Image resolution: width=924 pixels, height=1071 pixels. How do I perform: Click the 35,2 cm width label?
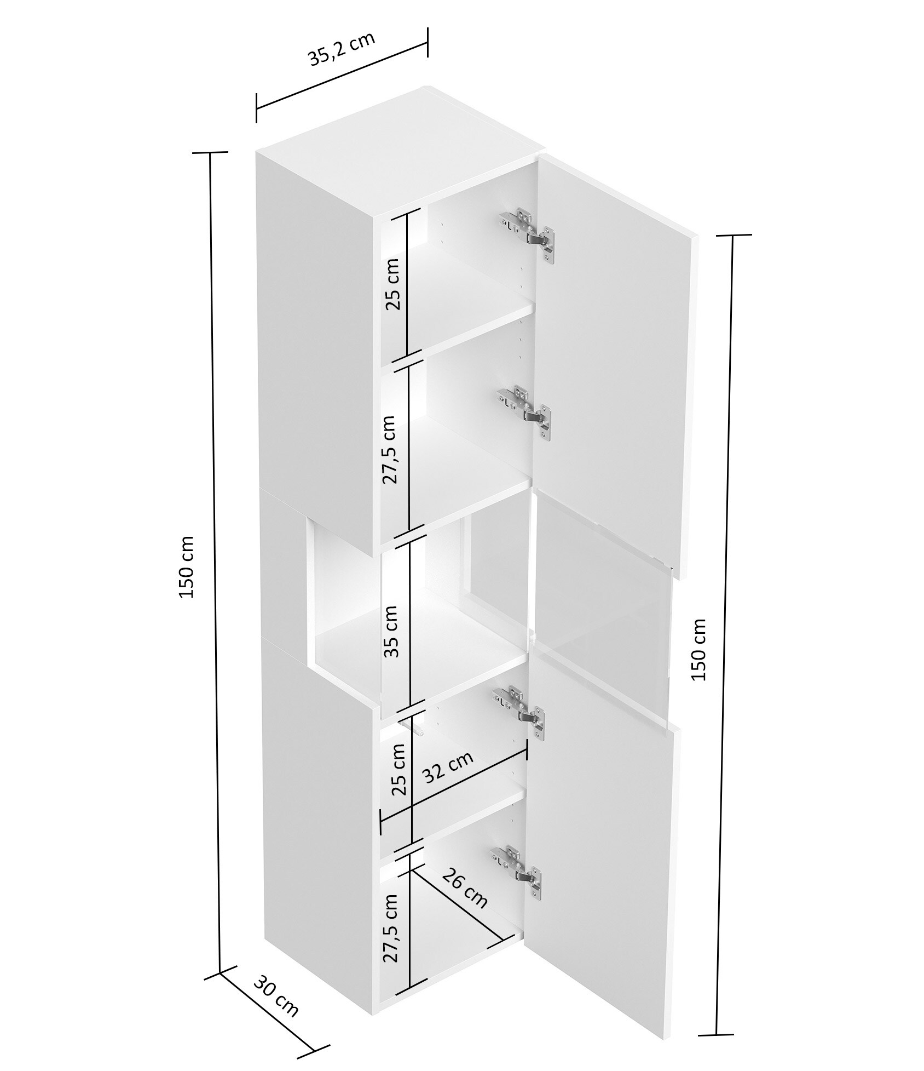pos(342,49)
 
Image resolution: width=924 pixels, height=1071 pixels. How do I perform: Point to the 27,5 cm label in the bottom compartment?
pos(390,927)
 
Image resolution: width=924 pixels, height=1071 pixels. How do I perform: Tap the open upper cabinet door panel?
pos(613,362)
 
